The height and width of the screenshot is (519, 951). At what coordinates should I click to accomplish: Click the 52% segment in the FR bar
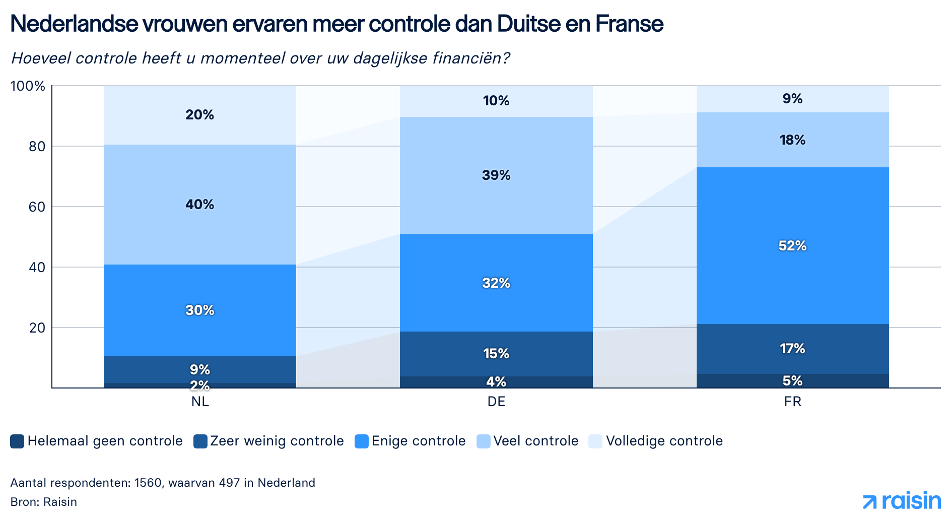tap(792, 245)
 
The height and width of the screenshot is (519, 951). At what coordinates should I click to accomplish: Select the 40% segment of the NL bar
tap(200, 205)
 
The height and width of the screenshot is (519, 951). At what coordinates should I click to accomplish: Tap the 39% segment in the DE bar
tap(496, 175)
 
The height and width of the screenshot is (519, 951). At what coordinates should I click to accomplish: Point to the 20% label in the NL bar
tap(200, 115)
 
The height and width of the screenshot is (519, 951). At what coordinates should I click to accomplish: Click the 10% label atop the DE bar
tap(496, 101)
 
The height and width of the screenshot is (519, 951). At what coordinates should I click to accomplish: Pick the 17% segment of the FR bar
tap(792, 349)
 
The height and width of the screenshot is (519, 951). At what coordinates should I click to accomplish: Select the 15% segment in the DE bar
tap(496, 354)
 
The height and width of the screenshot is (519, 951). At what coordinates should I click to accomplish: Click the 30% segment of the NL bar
tap(200, 310)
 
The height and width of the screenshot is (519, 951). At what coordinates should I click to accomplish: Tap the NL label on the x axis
tap(200, 402)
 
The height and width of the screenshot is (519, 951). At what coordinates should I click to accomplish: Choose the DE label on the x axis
tap(496, 402)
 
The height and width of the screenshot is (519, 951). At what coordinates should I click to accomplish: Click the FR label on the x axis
tap(792, 402)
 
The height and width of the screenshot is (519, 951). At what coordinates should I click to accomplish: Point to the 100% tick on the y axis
tap(28, 86)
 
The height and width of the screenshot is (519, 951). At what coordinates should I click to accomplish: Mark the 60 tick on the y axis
tap(37, 207)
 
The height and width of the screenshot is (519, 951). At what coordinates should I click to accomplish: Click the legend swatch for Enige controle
tap(362, 441)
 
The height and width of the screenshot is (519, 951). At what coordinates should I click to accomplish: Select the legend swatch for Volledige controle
tap(595, 441)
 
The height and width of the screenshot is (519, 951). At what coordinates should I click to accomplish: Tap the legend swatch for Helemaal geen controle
tap(17, 441)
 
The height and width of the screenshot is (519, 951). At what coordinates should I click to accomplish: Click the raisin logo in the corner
tap(902, 501)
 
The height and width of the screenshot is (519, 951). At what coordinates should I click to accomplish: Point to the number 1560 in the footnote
tap(148, 483)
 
